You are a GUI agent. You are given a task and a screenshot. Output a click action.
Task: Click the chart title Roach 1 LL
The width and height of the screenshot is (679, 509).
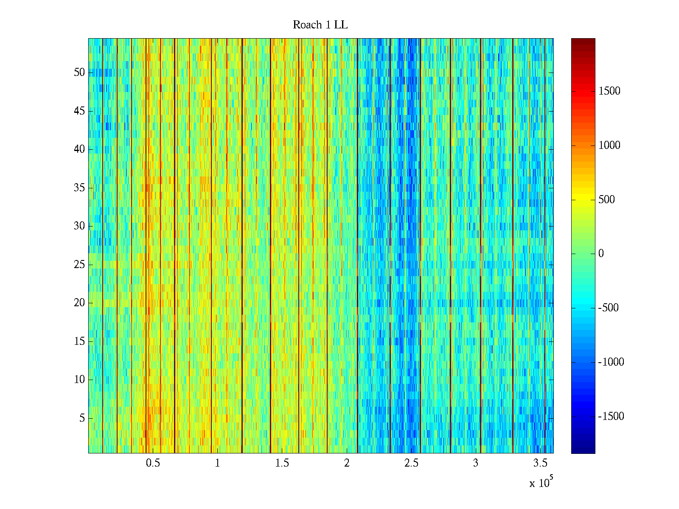[x=320, y=25]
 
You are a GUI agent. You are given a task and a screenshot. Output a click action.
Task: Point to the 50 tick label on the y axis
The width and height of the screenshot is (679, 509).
[x=79, y=73]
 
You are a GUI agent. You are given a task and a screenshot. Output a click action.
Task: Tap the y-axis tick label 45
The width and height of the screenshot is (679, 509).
[x=79, y=111]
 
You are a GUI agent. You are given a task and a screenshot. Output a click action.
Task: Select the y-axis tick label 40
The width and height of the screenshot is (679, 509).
[x=79, y=149]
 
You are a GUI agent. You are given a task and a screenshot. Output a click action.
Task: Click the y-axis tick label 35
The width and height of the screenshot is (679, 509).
[x=79, y=188]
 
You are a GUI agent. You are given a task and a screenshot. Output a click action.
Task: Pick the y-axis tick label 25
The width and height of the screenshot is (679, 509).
[x=79, y=265]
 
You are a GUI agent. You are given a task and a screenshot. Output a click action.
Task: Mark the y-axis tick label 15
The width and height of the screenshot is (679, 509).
[x=79, y=341]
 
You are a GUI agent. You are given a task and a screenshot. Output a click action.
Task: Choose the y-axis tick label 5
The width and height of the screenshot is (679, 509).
[x=82, y=418]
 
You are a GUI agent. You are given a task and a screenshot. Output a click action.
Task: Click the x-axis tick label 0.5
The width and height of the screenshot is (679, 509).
[x=153, y=463]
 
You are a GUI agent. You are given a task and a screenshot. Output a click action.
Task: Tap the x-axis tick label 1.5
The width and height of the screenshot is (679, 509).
[x=282, y=463]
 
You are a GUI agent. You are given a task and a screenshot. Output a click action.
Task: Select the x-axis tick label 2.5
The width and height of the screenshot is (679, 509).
[x=411, y=463]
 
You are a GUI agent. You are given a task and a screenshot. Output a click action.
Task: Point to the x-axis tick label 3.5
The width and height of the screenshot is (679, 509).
[x=540, y=463]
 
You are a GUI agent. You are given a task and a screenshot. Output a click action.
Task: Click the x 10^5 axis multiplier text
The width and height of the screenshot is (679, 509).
[x=541, y=483]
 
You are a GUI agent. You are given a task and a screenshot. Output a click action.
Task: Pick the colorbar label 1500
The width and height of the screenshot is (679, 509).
[x=609, y=91]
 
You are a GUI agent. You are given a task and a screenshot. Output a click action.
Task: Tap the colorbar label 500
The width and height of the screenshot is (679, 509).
[x=606, y=200]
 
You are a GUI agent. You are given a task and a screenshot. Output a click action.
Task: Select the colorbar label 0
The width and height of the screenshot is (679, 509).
[x=601, y=254]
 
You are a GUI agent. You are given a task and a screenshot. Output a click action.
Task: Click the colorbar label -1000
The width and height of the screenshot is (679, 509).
[x=611, y=362]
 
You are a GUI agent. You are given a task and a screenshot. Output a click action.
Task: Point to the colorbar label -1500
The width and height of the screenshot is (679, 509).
[x=611, y=417]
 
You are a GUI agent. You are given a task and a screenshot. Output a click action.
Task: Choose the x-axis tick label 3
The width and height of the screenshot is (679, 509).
[x=476, y=463]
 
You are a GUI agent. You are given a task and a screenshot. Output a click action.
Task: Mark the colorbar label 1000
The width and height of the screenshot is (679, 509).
[x=609, y=145]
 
